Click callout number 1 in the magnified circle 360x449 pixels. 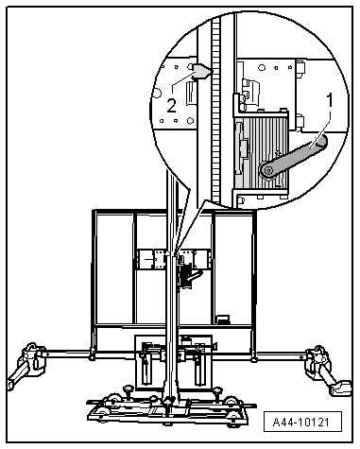pyautogui.click(x=329, y=101)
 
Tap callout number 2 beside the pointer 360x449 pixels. pyautogui.click(x=171, y=106)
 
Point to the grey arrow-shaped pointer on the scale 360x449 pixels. pyautogui.click(x=202, y=72)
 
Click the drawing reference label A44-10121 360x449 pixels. pyautogui.click(x=302, y=422)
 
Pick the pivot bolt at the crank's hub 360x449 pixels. pyautogui.click(x=268, y=170)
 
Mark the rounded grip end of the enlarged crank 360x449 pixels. pyautogui.click(x=321, y=141)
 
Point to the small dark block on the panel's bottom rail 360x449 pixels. pyautogui.click(x=223, y=319)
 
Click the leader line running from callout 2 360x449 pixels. pyautogui.click(x=181, y=81)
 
